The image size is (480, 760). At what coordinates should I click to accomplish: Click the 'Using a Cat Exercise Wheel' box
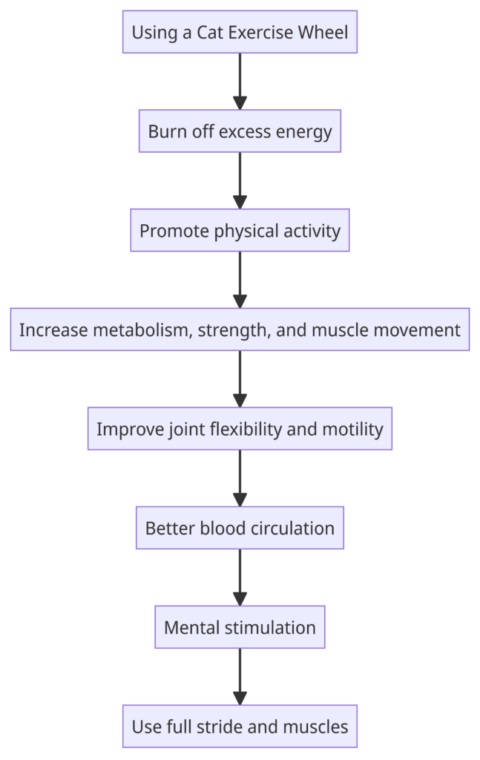coord(240,32)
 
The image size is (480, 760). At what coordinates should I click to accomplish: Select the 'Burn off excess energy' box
coord(240,131)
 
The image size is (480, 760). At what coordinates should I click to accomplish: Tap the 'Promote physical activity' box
coord(240,230)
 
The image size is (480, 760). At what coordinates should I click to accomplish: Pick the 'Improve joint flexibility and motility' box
coord(240,428)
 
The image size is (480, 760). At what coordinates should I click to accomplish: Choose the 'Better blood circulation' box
coord(240,528)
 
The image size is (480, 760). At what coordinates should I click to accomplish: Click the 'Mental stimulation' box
coord(240,627)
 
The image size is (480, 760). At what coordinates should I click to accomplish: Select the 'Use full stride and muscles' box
coord(240,726)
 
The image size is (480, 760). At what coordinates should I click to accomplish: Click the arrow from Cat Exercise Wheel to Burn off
coord(240,82)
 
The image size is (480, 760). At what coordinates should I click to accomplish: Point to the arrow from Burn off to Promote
coord(240,181)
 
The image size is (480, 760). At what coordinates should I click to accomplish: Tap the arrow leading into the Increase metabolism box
coord(240,280)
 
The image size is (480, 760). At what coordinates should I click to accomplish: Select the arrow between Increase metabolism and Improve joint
coord(240,379)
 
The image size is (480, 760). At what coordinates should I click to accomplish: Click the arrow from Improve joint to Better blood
coord(240,479)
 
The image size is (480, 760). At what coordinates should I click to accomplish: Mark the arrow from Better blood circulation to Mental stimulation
coord(240,577)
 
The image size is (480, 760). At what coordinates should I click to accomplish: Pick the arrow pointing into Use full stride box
coord(240,677)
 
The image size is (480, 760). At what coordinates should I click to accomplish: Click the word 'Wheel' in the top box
coord(323,32)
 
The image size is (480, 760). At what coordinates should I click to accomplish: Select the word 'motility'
coord(352,430)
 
